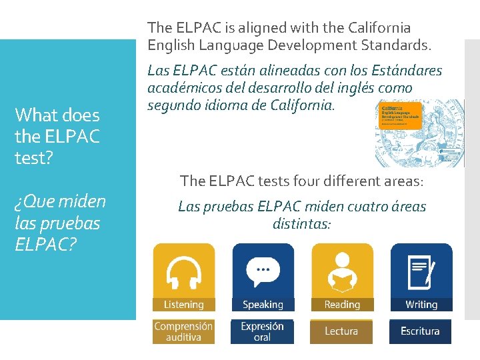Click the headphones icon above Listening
183,273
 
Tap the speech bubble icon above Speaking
263,273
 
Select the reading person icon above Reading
342,273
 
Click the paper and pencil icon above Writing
421,273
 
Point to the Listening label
183,305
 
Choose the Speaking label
263,305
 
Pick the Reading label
342,305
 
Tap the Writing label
421,305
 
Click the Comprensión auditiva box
183,331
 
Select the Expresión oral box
262,331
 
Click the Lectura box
341,331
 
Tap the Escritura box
420,331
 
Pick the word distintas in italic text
301,223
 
